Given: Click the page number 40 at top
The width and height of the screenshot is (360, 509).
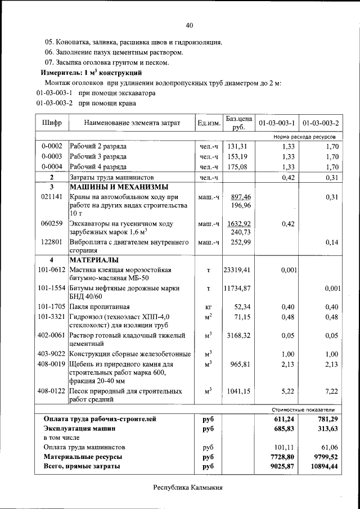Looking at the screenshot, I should point(189,25).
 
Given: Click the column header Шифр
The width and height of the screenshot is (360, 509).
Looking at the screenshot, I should point(52,123).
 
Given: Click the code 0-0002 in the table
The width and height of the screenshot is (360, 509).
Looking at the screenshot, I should point(52,146).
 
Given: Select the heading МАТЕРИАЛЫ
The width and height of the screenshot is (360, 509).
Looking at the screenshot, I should point(94,260).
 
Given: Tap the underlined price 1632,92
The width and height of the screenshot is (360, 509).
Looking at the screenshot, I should point(239,223).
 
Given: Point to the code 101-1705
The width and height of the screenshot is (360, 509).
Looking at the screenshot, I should point(52,307).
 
